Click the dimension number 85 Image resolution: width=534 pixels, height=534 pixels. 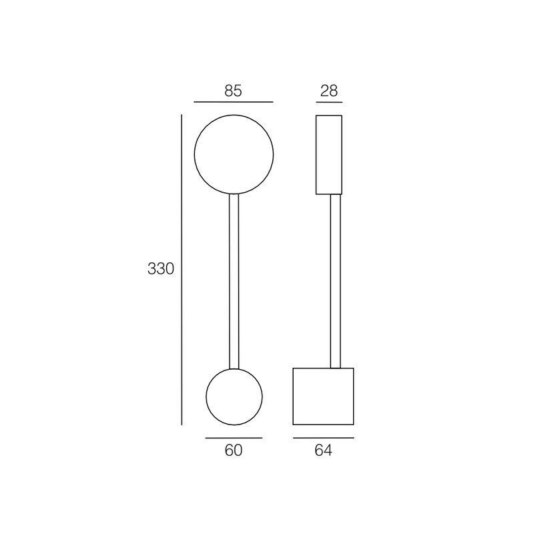233,91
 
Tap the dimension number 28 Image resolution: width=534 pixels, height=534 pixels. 329,91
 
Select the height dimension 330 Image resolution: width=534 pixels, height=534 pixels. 161,269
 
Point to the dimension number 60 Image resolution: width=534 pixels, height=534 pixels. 234,450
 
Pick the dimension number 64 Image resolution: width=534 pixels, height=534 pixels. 323,450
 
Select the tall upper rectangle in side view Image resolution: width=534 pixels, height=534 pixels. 316,155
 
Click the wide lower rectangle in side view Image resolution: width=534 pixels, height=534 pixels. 293,396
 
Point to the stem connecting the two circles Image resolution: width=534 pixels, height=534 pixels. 234,281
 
